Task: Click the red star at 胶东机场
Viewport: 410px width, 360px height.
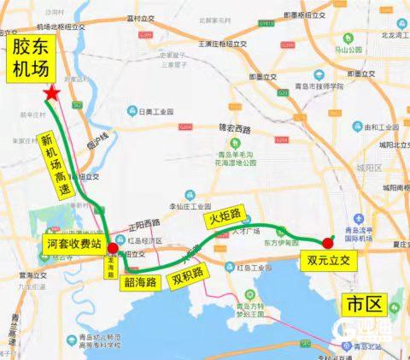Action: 53,91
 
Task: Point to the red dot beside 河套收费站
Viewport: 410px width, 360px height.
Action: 113,250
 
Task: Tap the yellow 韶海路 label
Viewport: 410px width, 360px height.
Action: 143,280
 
